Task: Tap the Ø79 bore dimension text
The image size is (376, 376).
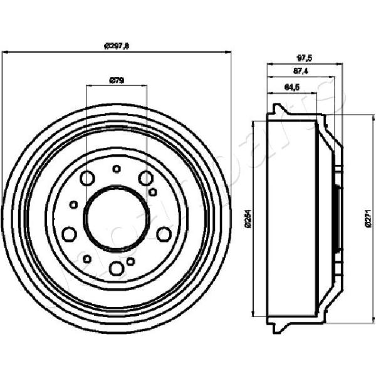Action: (116, 80)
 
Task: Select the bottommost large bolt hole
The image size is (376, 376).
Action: (116, 269)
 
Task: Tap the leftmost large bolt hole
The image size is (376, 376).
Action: (69, 234)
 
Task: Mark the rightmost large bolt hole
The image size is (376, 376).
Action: (164, 234)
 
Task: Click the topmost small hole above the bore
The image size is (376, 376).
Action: (116, 168)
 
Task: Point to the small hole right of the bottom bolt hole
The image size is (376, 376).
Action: (131, 261)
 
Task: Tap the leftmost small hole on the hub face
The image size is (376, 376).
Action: (74, 204)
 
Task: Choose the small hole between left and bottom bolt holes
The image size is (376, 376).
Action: (88, 259)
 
